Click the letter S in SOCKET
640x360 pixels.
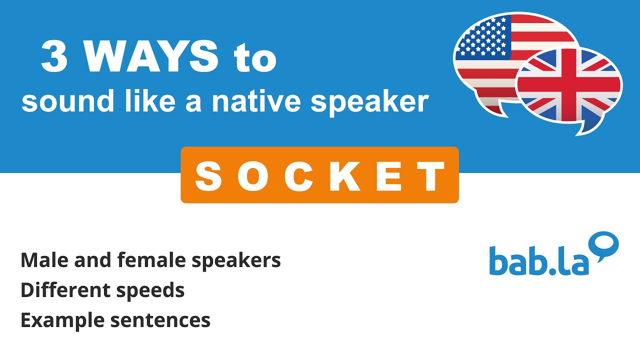tap(208, 176)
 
